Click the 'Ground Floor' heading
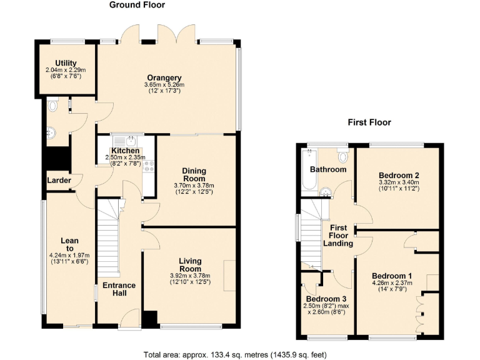(x=137, y=5)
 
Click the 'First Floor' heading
(x=369, y=122)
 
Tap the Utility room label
(x=66, y=63)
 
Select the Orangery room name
(x=165, y=77)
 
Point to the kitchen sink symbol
(x=131, y=139)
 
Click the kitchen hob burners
(x=149, y=166)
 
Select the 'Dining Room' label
(x=194, y=174)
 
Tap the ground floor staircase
(x=108, y=244)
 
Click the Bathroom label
(x=328, y=169)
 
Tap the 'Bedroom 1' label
(x=392, y=276)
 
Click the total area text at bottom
(x=235, y=354)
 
